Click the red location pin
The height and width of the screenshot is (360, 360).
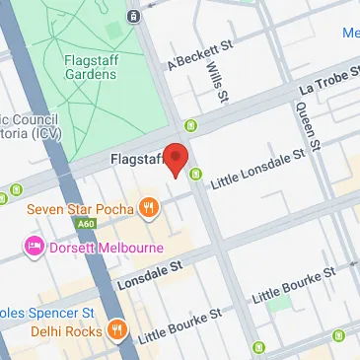click(x=176, y=159)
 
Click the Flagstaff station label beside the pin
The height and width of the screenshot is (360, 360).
click(x=135, y=159)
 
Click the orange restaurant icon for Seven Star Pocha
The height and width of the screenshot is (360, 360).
click(x=149, y=207)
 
